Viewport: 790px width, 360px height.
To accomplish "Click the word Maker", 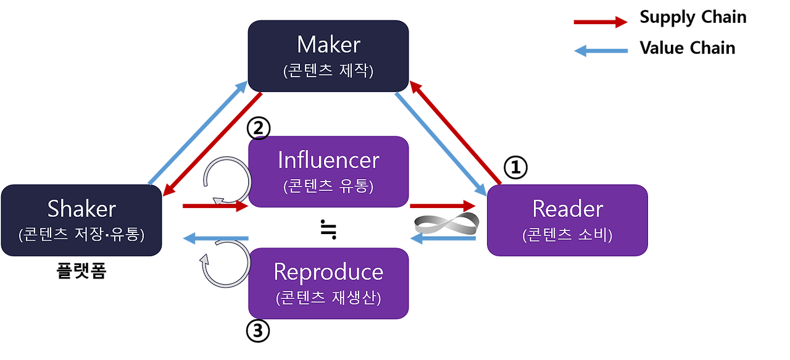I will (328, 44).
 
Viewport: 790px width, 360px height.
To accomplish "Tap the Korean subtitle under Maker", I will (328, 70).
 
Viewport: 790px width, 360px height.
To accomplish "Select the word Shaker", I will (81, 209).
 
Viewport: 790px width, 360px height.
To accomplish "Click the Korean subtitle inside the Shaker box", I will (81, 235).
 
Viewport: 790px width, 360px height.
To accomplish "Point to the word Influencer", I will (328, 160).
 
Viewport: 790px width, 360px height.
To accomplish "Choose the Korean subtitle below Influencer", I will (328, 186).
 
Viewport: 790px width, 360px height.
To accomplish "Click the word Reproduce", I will (328, 272).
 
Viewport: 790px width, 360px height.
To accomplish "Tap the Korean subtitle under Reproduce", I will (328, 298).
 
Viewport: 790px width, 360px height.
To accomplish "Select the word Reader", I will (567, 209).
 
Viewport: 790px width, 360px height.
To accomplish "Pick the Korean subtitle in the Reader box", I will (567, 235).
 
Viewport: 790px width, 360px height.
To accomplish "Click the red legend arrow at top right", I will (600, 22).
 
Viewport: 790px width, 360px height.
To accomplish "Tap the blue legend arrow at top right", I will (600, 51).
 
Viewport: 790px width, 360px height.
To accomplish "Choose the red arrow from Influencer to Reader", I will (443, 205).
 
